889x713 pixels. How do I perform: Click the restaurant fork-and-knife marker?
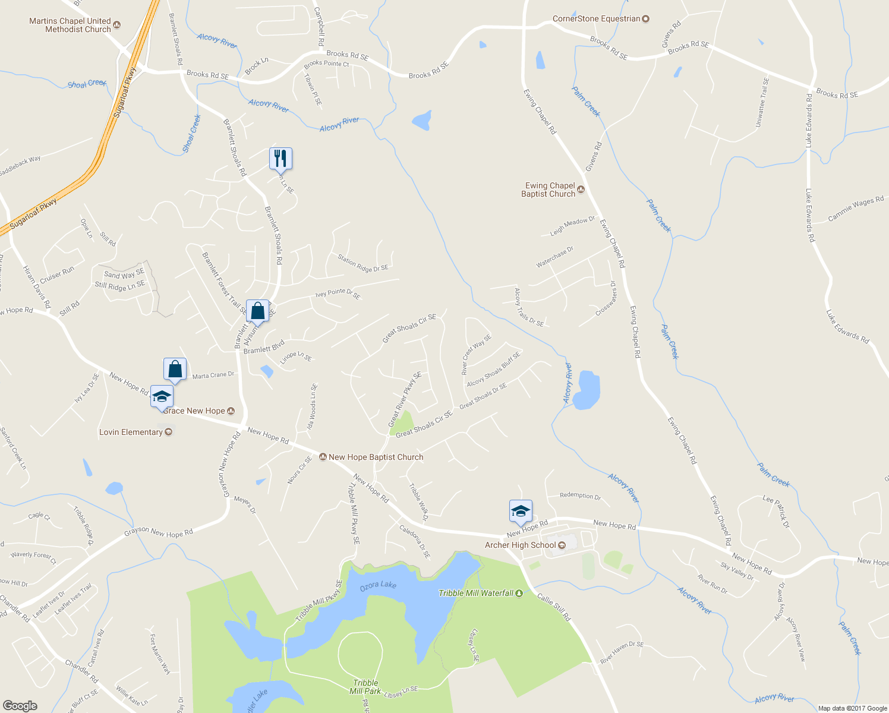tap(280, 159)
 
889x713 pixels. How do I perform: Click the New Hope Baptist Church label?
tap(375, 457)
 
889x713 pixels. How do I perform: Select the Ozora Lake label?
tap(378, 585)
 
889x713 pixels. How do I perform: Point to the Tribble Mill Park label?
tap(365, 687)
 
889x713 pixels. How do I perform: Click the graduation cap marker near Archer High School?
tap(521, 511)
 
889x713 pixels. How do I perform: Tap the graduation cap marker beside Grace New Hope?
tap(162, 396)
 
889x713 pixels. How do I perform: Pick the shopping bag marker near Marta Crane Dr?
tap(175, 370)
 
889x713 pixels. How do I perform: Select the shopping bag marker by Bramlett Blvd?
tap(257, 311)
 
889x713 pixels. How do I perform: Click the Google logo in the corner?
tap(20, 705)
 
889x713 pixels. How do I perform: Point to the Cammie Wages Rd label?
tap(856, 209)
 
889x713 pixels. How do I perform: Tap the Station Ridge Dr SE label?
tap(362, 263)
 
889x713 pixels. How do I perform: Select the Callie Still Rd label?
tap(554, 607)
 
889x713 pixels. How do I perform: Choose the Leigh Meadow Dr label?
tap(572, 226)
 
